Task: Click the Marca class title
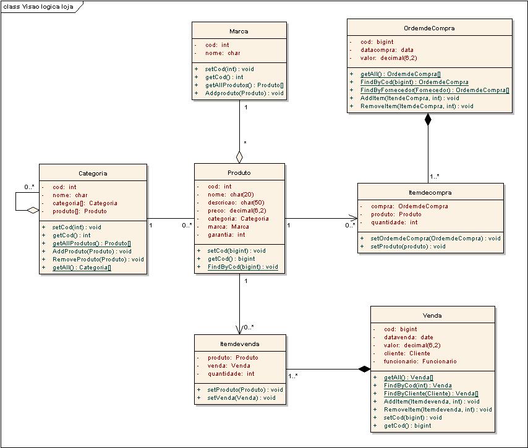click(239, 32)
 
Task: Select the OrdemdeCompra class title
click(429, 28)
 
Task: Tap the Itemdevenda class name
click(239, 344)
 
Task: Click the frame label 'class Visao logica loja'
click(38, 7)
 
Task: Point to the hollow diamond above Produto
click(239, 157)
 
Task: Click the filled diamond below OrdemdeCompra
click(428, 119)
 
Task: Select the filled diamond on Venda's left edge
click(364, 370)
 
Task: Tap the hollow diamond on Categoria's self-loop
click(33, 210)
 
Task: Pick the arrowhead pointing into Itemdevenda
click(239, 330)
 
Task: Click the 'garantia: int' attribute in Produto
click(226, 235)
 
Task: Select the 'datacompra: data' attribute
click(386, 50)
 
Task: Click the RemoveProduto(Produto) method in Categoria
click(98, 259)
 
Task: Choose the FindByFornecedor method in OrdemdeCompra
click(435, 90)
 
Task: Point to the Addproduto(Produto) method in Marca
click(244, 93)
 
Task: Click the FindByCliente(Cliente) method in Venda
click(431, 393)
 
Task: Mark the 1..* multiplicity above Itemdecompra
click(435, 176)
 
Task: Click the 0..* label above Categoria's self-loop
click(29, 187)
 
